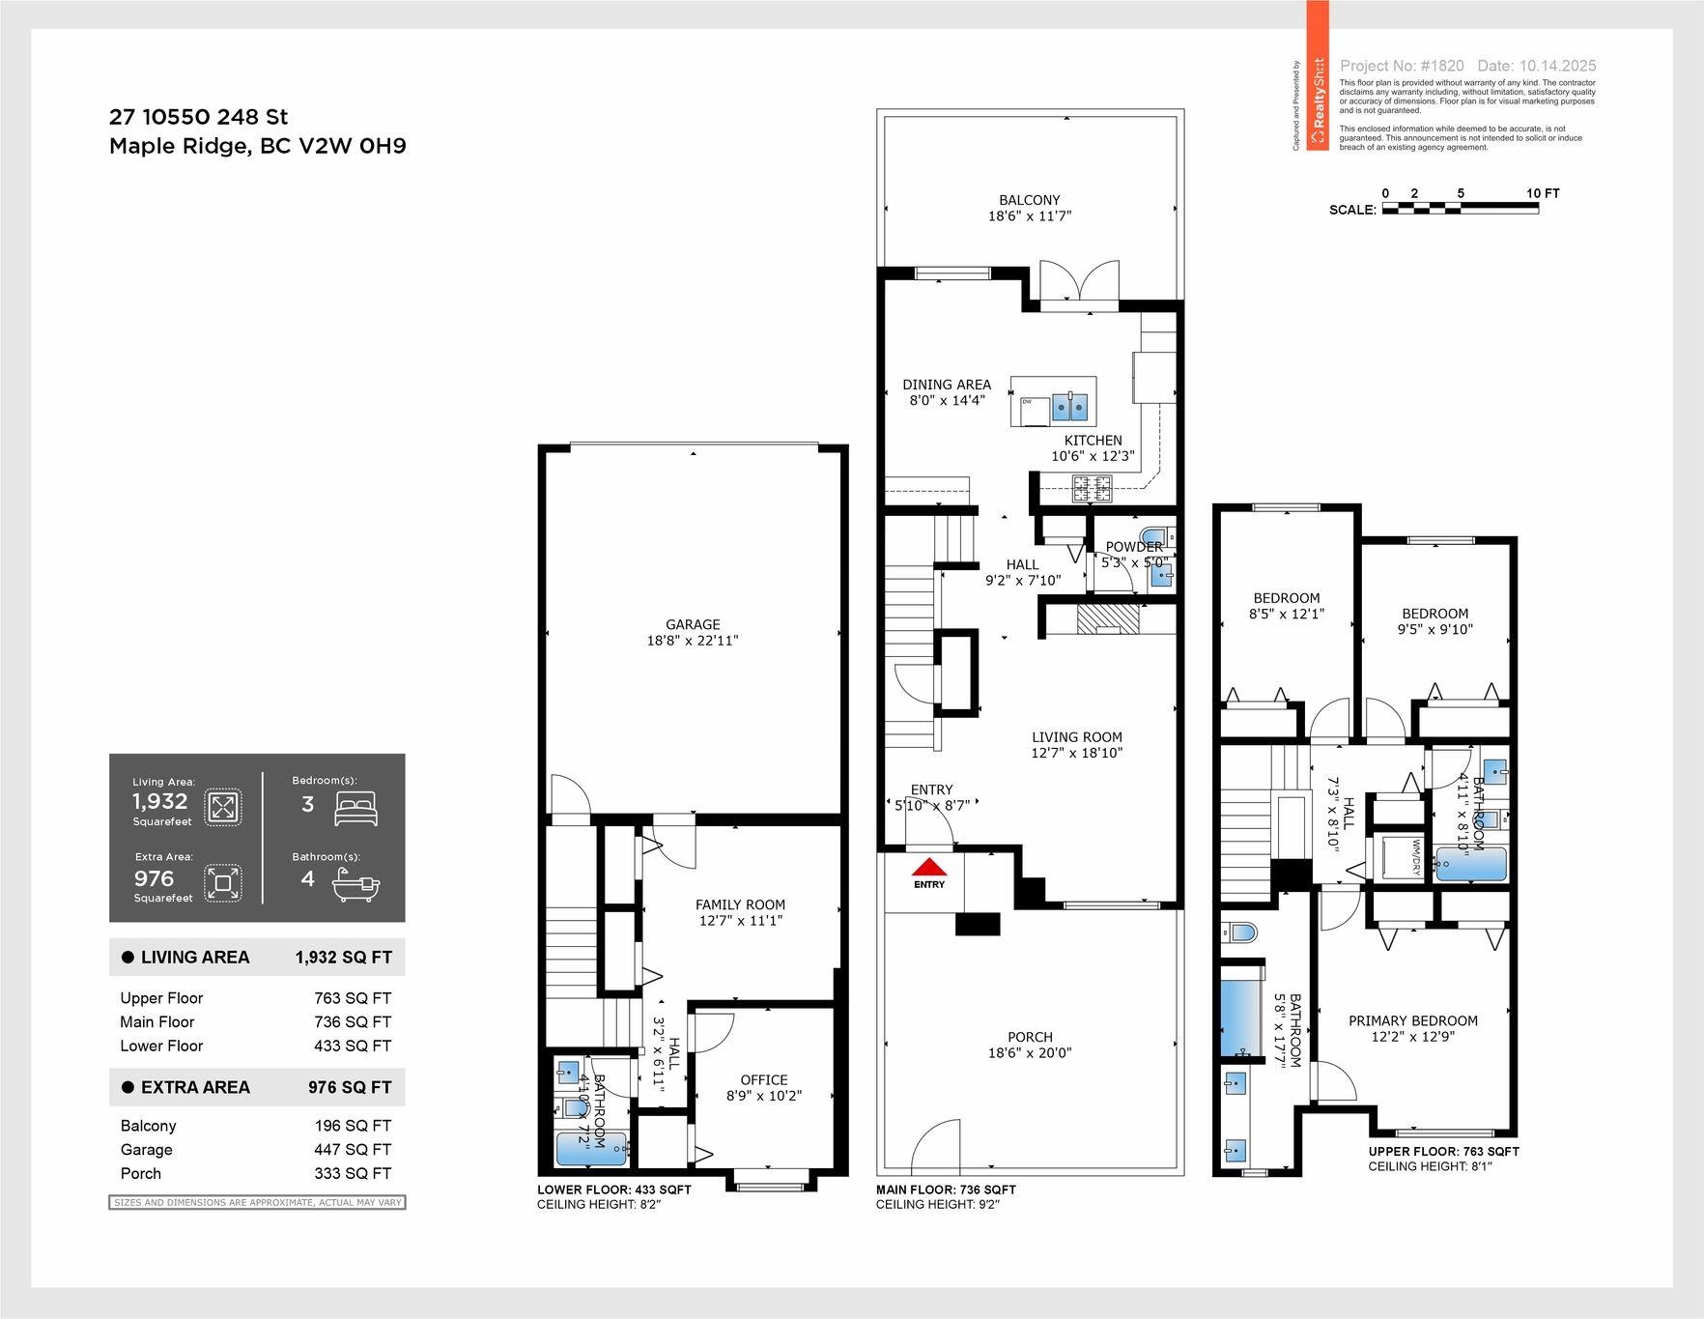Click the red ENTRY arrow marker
click(x=929, y=867)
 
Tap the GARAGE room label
click(x=693, y=624)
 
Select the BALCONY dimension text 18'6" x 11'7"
click(x=1029, y=216)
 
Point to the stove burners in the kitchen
click(x=1092, y=488)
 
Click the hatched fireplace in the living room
click(x=1109, y=618)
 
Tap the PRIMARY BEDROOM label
click(x=1412, y=1020)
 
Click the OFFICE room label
click(x=763, y=1079)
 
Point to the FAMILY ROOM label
click(x=740, y=904)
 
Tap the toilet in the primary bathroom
click(x=1241, y=932)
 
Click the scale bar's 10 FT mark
click(x=1542, y=193)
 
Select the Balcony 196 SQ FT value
click(x=353, y=1126)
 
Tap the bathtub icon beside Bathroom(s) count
click(x=355, y=883)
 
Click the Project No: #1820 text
click(x=1402, y=66)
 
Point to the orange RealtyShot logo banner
click(x=1318, y=75)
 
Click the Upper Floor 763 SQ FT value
click(x=353, y=998)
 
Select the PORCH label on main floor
click(x=1030, y=1037)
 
